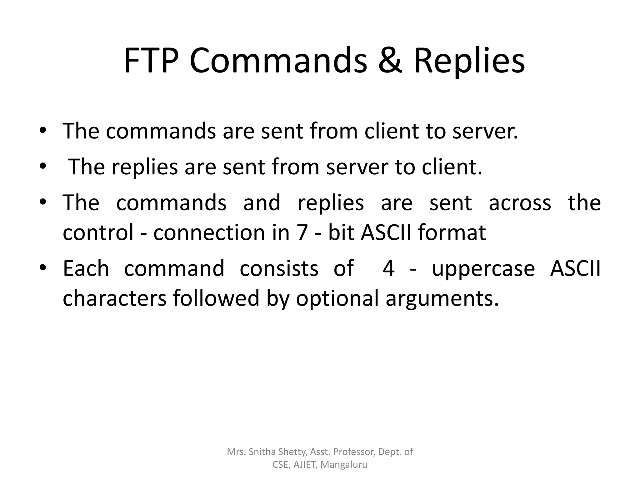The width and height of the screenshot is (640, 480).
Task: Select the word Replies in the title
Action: (469, 61)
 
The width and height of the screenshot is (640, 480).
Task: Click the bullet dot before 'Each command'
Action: (43, 268)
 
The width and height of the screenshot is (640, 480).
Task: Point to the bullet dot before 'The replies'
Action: (43, 166)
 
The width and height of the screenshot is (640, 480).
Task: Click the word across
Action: (520, 203)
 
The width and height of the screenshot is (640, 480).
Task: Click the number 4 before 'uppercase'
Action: (388, 268)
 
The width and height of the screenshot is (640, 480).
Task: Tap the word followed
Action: (216, 298)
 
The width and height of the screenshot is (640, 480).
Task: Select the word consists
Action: (279, 268)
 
